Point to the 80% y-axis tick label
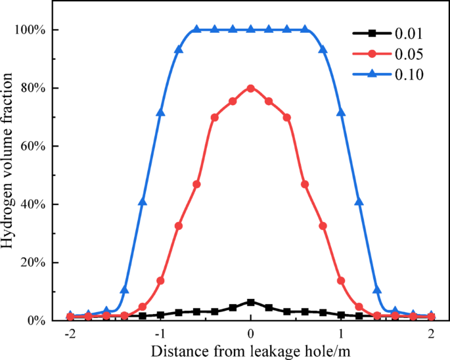click(x=32, y=88)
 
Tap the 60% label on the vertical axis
click(x=32, y=146)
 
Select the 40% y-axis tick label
click(x=32, y=204)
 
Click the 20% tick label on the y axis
click(x=32, y=263)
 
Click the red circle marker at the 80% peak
click(x=250, y=88)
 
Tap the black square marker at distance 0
click(x=250, y=302)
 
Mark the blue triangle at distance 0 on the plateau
click(x=250, y=30)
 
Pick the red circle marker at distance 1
click(x=341, y=281)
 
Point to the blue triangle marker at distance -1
click(x=160, y=112)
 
